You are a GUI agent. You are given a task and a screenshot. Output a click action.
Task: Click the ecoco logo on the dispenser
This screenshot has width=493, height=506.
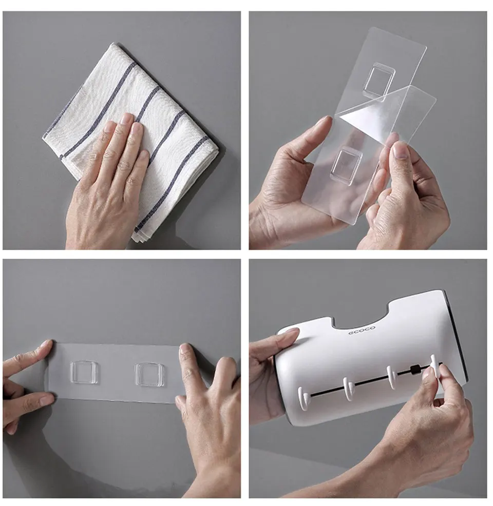coord(362,331)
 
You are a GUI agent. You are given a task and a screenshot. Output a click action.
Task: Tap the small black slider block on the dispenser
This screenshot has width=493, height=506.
coord(413,369)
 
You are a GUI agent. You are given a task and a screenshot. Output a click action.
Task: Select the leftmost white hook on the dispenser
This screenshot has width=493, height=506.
coord(303,398)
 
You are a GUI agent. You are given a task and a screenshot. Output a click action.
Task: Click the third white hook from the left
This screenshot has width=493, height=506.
coord(391,376)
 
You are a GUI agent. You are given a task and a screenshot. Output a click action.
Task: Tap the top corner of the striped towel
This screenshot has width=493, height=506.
coord(113,45)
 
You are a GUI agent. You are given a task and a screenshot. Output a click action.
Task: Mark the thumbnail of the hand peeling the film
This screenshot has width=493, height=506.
coord(401,151)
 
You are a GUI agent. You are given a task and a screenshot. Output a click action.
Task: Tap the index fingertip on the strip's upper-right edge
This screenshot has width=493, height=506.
coord(185,349)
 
